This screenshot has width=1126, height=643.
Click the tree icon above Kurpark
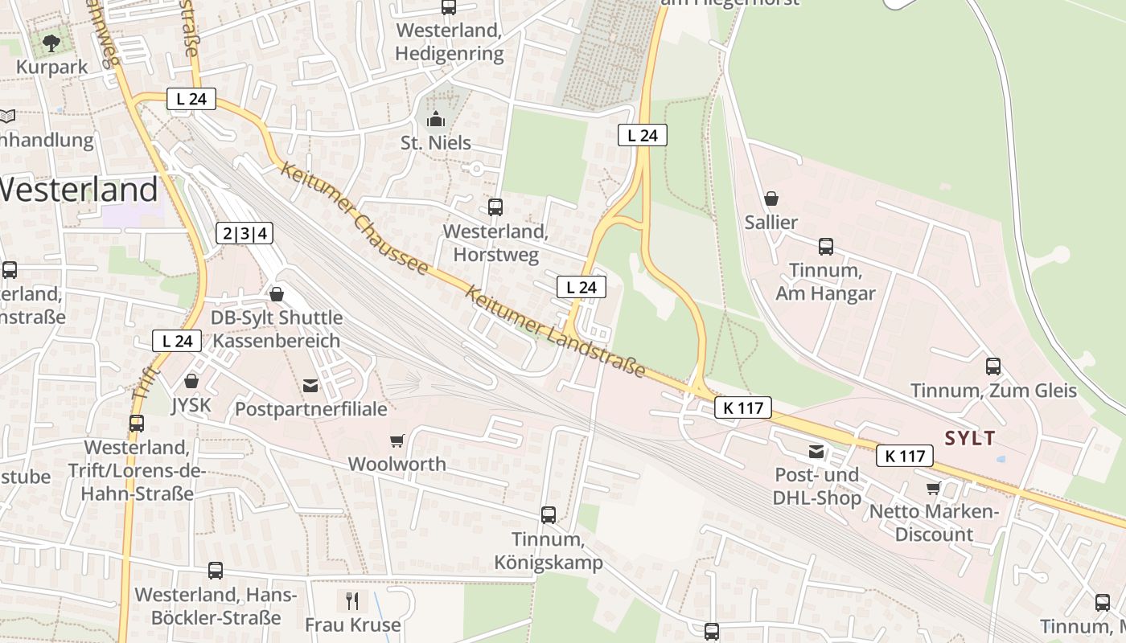pyautogui.click(x=52, y=43)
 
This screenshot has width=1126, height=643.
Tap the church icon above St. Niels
pyautogui.click(x=436, y=120)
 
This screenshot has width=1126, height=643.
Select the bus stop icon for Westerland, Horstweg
pyautogui.click(x=495, y=207)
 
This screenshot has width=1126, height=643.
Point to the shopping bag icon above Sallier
pyautogui.click(x=771, y=198)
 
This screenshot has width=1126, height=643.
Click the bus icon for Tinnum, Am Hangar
pyautogui.click(x=825, y=247)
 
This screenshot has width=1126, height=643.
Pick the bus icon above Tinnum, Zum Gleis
pyautogui.click(x=993, y=367)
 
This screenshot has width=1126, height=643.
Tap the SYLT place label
pyautogui.click(x=970, y=439)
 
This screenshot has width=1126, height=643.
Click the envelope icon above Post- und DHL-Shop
pyautogui.click(x=816, y=452)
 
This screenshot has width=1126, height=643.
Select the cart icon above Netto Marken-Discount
pyautogui.click(x=934, y=488)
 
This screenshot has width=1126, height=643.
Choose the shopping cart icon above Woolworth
pyautogui.click(x=397, y=440)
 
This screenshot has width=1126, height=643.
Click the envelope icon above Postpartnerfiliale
pyautogui.click(x=310, y=386)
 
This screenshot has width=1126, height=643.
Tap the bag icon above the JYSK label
pyautogui.click(x=191, y=381)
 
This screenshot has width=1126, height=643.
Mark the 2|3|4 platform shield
pyautogui.click(x=245, y=234)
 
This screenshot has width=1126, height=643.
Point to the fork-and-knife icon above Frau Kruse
pyautogui.click(x=352, y=600)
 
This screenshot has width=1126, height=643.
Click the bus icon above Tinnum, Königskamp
pyautogui.click(x=549, y=515)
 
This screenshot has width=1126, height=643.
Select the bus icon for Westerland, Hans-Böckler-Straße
pyautogui.click(x=216, y=571)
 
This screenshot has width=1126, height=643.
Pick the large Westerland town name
pyautogui.click(x=78, y=190)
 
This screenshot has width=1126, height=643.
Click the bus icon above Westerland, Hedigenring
pyautogui.click(x=449, y=7)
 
